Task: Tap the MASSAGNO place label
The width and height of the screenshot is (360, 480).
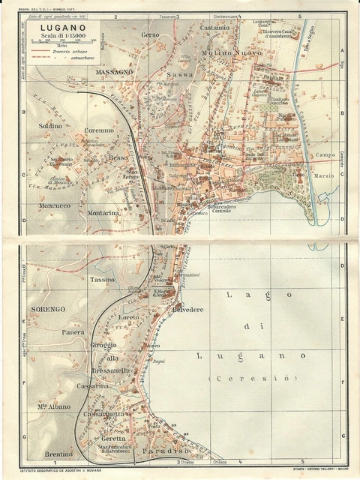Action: coord(114,71)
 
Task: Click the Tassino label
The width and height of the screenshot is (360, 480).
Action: coord(102,279)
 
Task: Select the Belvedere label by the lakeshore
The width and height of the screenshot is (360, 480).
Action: coord(208,310)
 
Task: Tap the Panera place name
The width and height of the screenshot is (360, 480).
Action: coord(73,331)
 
